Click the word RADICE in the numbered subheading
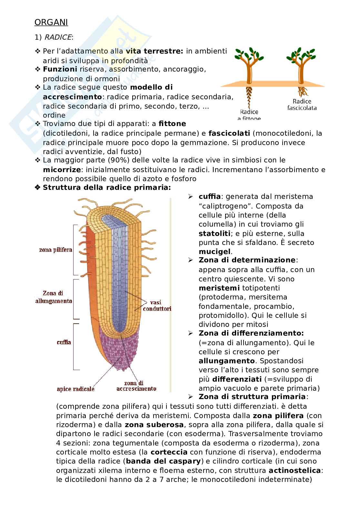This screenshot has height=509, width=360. (58, 37)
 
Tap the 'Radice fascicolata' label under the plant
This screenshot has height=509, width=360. (302, 104)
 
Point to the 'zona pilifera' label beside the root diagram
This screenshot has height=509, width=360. (56, 250)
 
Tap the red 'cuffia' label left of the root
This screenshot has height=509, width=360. (64, 342)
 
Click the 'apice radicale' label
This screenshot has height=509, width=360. (76, 389)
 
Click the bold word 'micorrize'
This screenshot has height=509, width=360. (61, 169)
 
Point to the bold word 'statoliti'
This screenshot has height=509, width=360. (215, 233)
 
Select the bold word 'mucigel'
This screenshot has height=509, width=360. (215, 251)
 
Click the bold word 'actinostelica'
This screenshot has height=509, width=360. (295, 470)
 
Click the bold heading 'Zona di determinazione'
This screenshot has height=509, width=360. (247, 260)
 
